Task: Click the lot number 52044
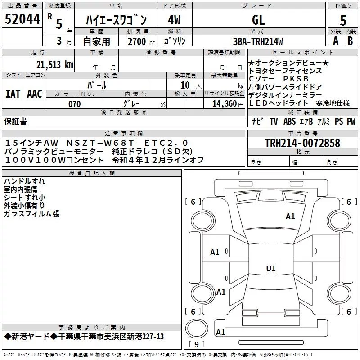point(22,19)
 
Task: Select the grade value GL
point(258,20)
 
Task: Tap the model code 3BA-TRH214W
point(258,41)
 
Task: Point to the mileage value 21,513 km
point(55,65)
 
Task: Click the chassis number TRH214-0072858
point(302,143)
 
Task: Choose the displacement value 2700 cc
point(141,41)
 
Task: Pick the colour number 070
point(74,104)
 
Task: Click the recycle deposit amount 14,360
point(224,104)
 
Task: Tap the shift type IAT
point(13,94)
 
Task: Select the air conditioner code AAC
point(35,94)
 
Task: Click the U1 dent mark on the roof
point(271,268)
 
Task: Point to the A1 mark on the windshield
point(290,216)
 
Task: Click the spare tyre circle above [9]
point(197,328)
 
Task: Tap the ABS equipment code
point(289,121)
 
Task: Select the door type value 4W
point(174,20)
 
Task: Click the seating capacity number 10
point(185,85)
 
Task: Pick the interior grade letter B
point(350,41)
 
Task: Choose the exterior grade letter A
point(336,41)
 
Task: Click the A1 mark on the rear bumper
point(220,332)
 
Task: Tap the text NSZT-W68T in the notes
point(100,143)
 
